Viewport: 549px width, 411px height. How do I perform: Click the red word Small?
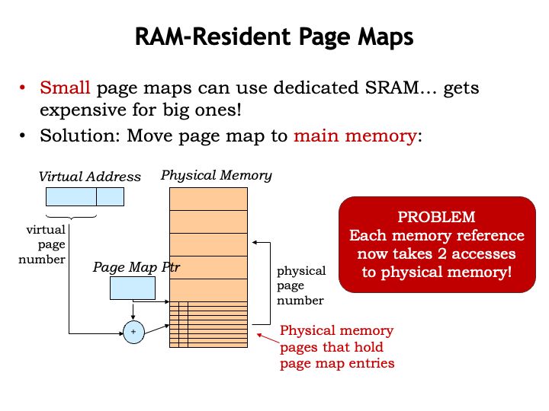(x=64, y=88)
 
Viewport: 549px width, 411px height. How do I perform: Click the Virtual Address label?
(x=90, y=177)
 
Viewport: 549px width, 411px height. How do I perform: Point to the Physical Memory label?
(x=216, y=176)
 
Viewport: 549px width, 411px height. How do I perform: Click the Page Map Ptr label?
(x=136, y=267)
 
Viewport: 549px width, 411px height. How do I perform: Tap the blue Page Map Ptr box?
(x=133, y=288)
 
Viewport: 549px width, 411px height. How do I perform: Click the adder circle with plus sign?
(x=133, y=333)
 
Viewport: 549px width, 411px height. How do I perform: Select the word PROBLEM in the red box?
(x=437, y=216)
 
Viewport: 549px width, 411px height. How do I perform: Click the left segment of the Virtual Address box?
(x=71, y=196)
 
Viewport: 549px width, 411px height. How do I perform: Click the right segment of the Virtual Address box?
(x=110, y=196)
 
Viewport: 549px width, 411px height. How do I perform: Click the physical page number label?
(x=300, y=285)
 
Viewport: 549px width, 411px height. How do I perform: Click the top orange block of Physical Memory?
(x=208, y=199)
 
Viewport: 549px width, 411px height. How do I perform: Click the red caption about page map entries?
(x=336, y=346)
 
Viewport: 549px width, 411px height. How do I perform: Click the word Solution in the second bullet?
(x=73, y=136)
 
